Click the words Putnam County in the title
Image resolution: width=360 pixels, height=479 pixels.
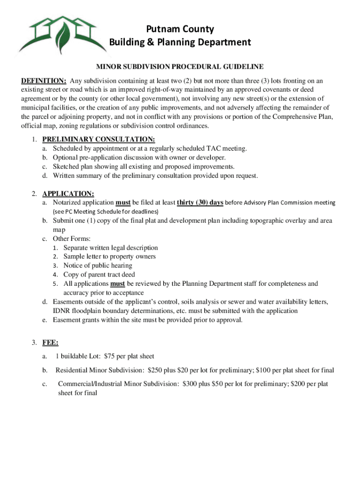point(180,29)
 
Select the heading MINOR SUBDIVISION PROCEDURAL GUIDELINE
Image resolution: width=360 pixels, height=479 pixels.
point(180,67)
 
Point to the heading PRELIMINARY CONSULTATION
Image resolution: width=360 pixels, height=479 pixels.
point(99,139)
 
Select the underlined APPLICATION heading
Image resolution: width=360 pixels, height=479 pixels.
point(68,194)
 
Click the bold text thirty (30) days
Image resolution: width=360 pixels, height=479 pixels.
point(200,203)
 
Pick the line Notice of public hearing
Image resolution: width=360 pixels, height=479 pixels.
point(98,266)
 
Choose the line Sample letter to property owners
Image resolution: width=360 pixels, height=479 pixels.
point(109,256)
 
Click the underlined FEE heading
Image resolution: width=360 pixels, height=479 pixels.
point(50,342)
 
